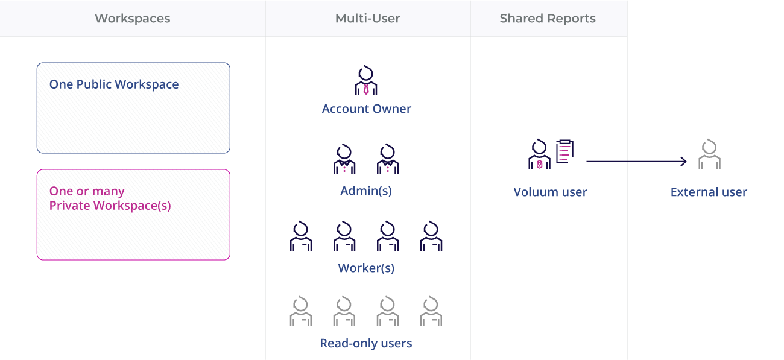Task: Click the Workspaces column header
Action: click(x=133, y=19)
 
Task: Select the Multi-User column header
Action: click(x=367, y=19)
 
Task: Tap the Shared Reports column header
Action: click(x=548, y=19)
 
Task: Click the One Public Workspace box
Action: click(x=133, y=108)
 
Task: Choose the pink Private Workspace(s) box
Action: click(x=133, y=215)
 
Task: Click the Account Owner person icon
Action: click(x=366, y=81)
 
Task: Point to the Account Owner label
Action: click(x=367, y=109)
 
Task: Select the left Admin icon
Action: click(x=344, y=159)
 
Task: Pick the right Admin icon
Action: click(x=388, y=159)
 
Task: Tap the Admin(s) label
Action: click(x=366, y=191)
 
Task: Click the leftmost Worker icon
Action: click(x=301, y=236)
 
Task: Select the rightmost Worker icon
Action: click(x=431, y=236)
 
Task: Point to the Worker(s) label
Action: click(x=366, y=268)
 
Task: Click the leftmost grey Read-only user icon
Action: click(x=301, y=311)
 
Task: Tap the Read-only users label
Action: click(x=366, y=344)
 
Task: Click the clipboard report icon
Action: click(x=564, y=151)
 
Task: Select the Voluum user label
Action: click(x=550, y=192)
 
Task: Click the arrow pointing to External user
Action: click(x=636, y=161)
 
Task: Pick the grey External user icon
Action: click(x=710, y=155)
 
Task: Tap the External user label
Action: click(x=709, y=192)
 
